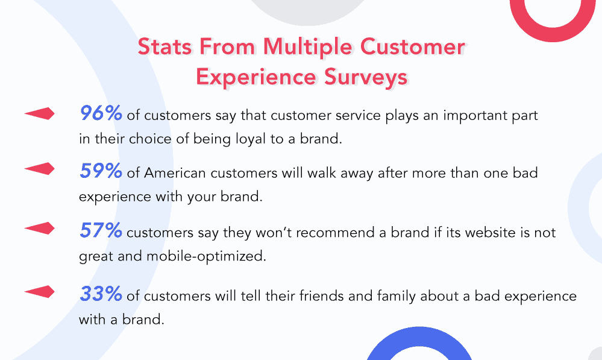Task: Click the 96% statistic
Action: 101,113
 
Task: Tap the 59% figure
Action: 101,171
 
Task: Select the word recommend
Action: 321,232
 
